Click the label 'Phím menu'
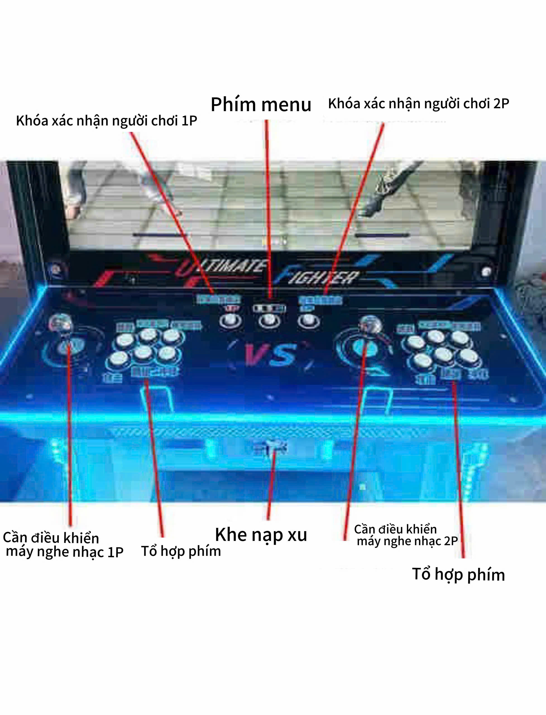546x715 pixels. pyautogui.click(x=261, y=105)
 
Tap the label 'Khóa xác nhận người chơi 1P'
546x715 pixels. pyautogui.click(x=106, y=121)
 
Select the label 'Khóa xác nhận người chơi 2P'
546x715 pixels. pyautogui.click(x=418, y=104)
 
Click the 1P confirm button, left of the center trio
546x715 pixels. pyautogui.click(x=230, y=321)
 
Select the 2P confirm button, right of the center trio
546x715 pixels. pyautogui.click(x=309, y=321)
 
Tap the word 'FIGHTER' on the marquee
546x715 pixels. pyautogui.click(x=320, y=277)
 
